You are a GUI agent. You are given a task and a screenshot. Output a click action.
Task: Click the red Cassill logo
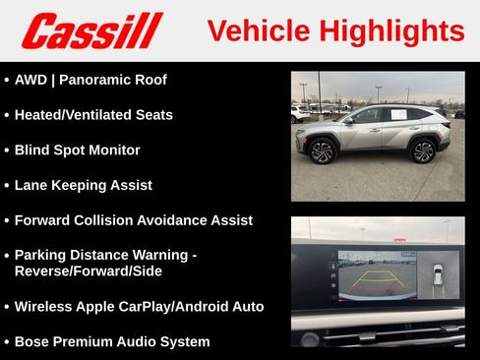[x=92, y=30]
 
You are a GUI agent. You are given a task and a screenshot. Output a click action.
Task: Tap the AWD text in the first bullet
[x=31, y=80]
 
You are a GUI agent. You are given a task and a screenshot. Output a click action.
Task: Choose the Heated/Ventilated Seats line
[x=93, y=115]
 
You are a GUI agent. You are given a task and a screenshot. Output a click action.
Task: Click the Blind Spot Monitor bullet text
[x=77, y=150]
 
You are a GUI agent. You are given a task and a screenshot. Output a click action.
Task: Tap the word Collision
[x=113, y=220]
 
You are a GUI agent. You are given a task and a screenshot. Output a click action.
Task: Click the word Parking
[x=43, y=255]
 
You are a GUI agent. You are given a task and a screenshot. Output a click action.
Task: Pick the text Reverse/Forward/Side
[x=89, y=270]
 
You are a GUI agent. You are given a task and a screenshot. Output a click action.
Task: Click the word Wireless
[x=45, y=306]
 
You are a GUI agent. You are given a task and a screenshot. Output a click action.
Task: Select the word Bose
[x=32, y=341]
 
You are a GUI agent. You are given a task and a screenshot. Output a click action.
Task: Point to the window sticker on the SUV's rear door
[x=398, y=115]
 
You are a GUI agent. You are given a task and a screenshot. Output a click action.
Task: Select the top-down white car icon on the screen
[x=438, y=275]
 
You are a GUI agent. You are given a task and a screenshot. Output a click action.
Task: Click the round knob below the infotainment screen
[x=311, y=339]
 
